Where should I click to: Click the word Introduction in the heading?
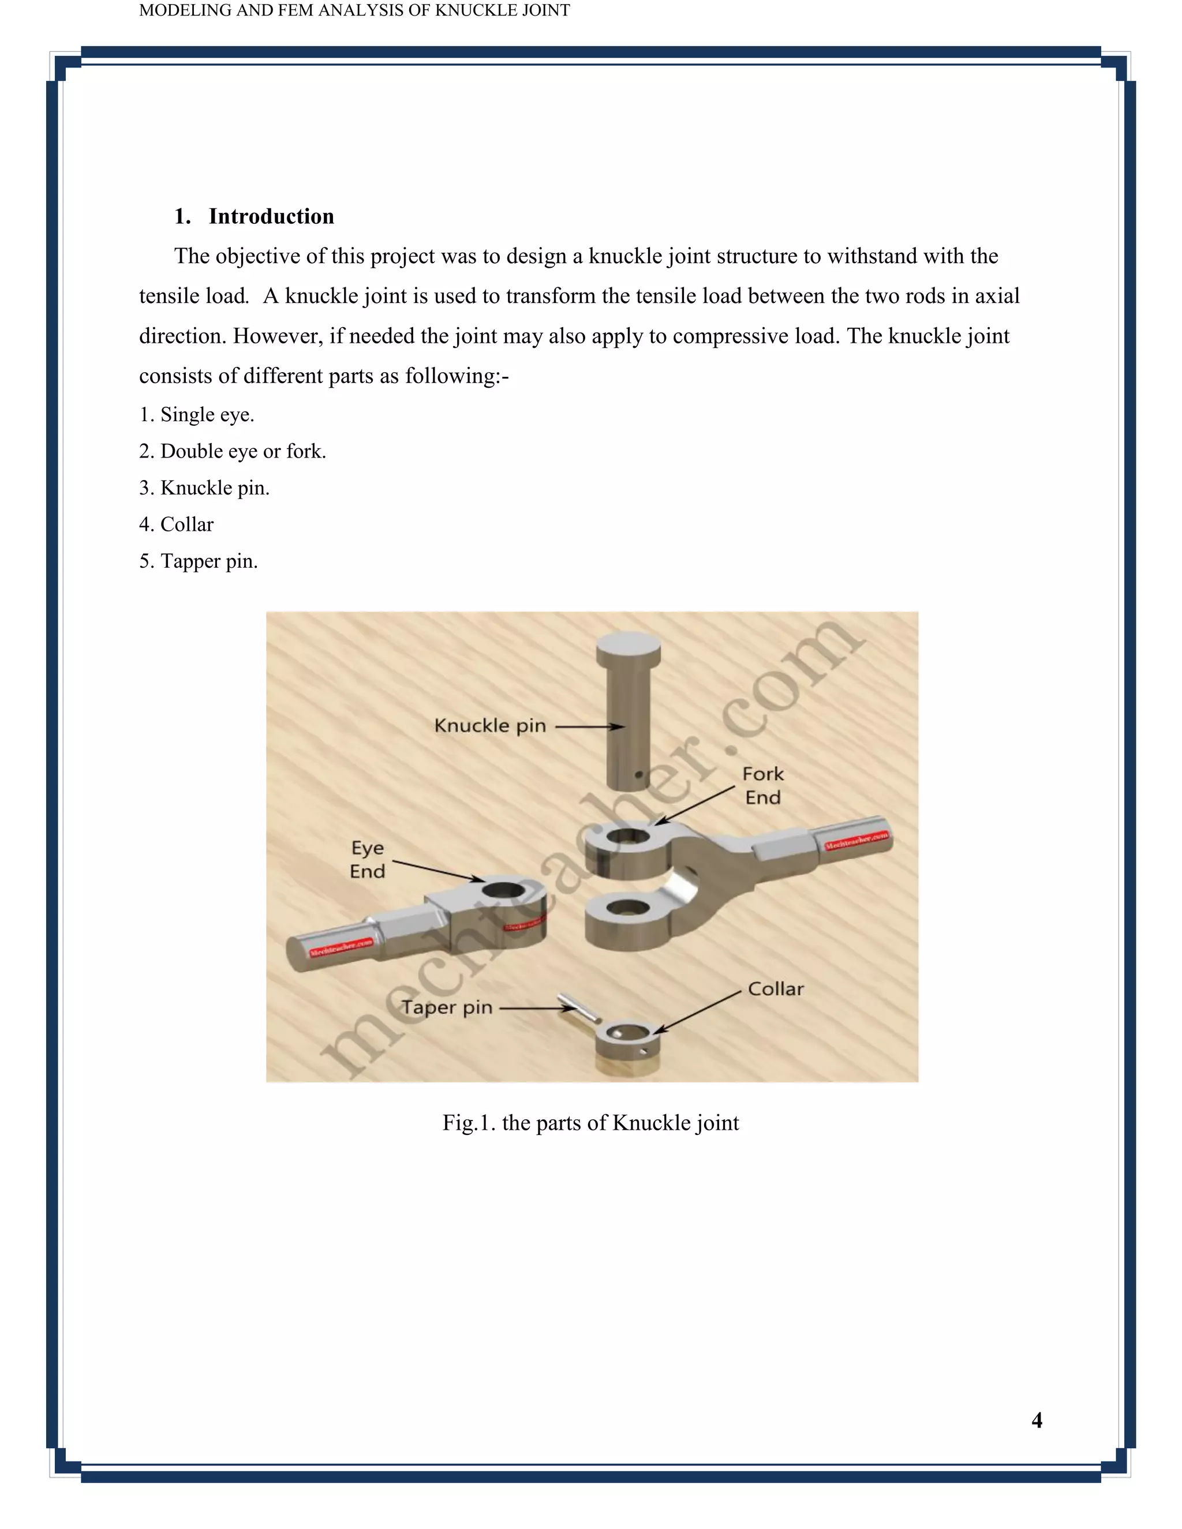pos(271,216)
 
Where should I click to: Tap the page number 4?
pos(1037,1420)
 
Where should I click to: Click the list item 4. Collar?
pos(177,524)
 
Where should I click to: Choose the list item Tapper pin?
pos(198,561)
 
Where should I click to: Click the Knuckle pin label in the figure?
pos(489,725)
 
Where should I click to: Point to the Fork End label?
pos(762,785)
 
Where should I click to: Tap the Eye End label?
pos(367,859)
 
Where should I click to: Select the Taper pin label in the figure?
pos(447,1007)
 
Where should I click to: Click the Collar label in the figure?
pos(775,988)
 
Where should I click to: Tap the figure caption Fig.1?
pos(590,1122)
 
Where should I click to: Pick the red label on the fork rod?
pos(856,840)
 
